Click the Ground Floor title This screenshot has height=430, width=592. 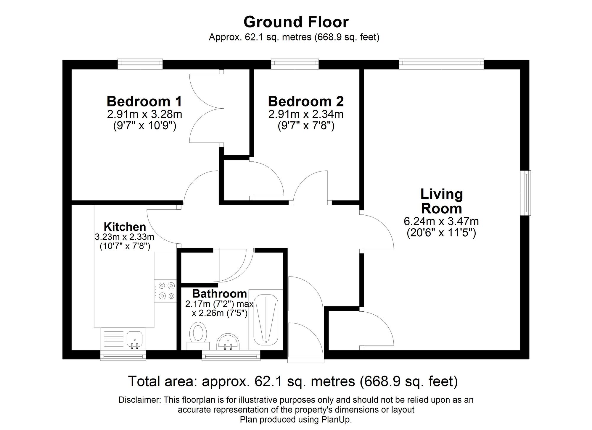(x=296, y=22)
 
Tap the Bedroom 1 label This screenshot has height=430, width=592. (x=144, y=101)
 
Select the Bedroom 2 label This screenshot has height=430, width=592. (x=305, y=101)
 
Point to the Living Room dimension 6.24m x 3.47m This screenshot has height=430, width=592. (x=441, y=221)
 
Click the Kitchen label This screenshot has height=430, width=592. (x=125, y=227)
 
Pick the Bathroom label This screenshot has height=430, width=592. (x=219, y=294)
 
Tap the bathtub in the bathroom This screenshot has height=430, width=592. (x=266, y=319)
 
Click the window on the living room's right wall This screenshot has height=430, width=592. (x=526, y=193)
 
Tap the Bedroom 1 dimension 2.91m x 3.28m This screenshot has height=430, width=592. (x=144, y=114)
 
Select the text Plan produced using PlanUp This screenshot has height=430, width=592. (x=296, y=420)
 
